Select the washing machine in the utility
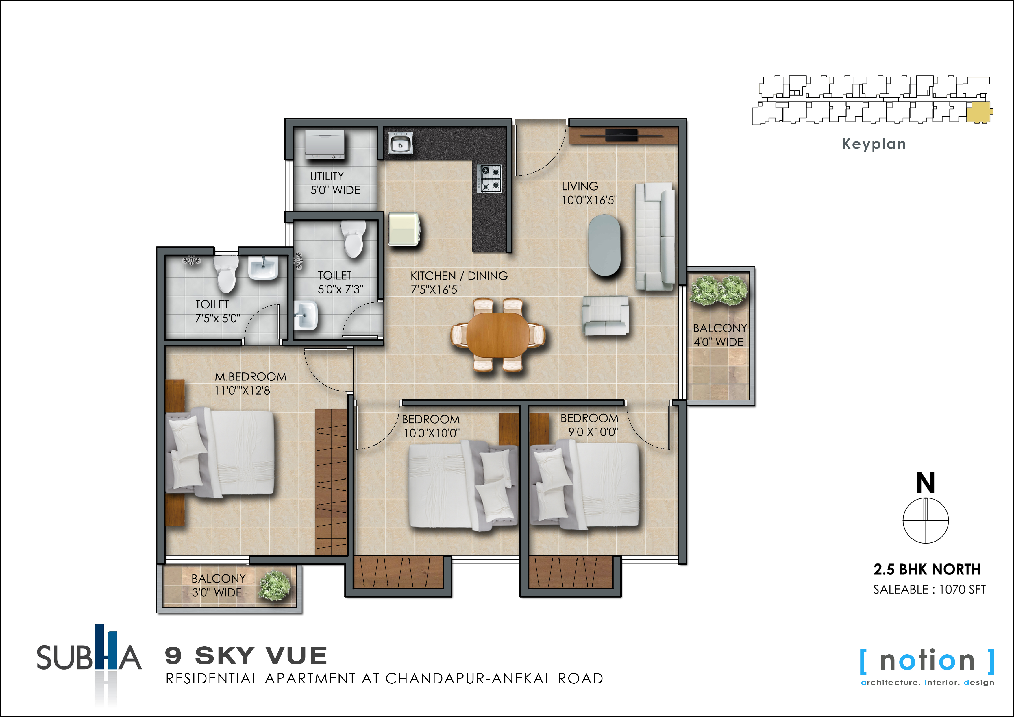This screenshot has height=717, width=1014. click(325, 144)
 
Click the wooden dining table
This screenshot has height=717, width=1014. click(498, 335)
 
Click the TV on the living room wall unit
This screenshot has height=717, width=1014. click(621, 134)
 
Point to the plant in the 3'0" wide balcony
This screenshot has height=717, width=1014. click(275, 586)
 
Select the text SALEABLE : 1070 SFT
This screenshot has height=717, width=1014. click(929, 589)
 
